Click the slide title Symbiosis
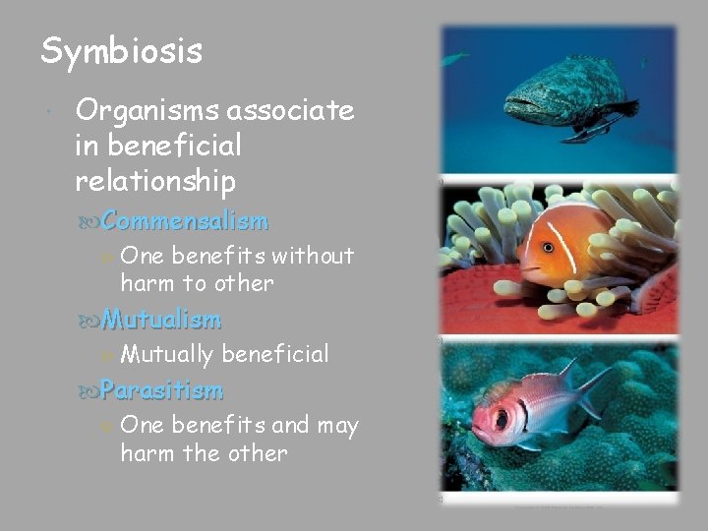coord(121,51)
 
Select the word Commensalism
coord(184,220)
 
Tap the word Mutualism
coord(160,319)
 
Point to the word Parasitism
coord(161,390)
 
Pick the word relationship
coord(155,181)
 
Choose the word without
coord(313,256)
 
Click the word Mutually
coord(166,354)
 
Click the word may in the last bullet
coord(338,426)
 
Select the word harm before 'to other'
coord(147,283)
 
